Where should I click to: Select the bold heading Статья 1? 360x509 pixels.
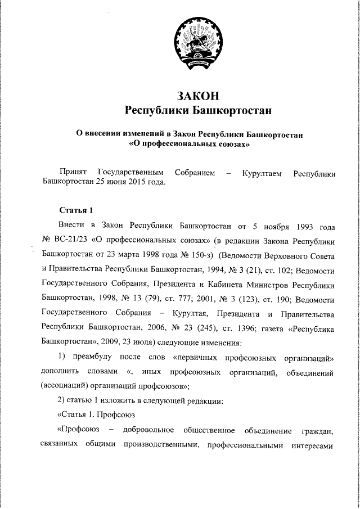tap(76, 210)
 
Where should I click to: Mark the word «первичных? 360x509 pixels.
tap(199, 357)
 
